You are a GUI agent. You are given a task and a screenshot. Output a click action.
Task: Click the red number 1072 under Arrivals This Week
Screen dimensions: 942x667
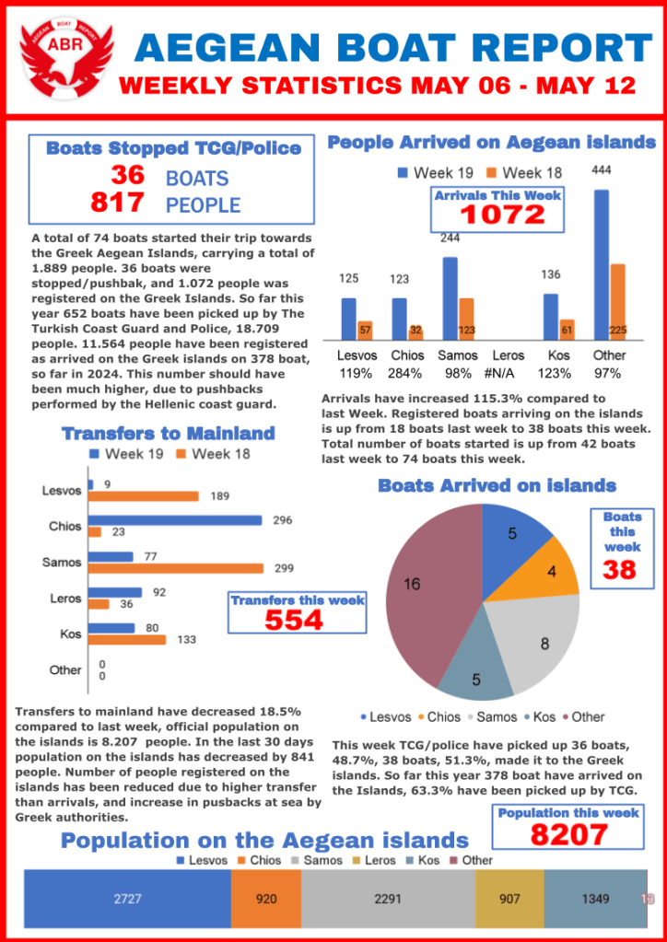503,215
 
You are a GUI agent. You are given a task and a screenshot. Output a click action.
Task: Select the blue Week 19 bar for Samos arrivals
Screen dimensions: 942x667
451,298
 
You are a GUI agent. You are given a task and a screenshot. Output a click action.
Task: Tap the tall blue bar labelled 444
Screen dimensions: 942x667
602,265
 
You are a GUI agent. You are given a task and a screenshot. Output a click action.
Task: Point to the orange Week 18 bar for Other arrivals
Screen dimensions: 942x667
618,302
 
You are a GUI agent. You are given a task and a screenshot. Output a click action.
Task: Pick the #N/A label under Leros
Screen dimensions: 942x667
509,374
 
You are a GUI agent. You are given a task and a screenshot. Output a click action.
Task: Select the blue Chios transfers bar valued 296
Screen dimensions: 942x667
175,520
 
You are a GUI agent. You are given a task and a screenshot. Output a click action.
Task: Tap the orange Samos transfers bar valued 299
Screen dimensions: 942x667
176,568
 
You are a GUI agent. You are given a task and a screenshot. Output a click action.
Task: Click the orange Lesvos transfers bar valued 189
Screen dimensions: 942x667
144,496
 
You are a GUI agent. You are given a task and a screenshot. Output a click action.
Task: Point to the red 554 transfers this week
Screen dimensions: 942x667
295,621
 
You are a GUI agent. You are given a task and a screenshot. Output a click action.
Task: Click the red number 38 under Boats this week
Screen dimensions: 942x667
620,571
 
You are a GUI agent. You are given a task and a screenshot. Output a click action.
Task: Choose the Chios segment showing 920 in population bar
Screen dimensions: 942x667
266,899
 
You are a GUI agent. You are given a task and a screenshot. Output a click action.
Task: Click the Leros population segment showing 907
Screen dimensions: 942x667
509,899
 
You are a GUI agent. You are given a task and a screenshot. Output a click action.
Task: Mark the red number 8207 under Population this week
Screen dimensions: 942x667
568,834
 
